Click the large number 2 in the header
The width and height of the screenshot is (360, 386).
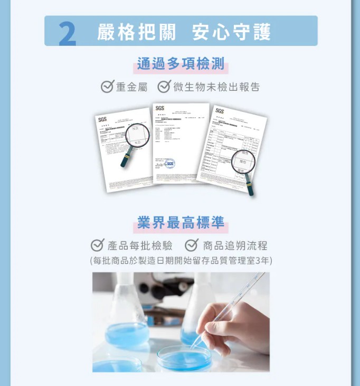point(67,33)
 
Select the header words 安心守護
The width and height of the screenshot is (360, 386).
point(231,32)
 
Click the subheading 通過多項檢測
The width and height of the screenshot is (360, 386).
point(180,64)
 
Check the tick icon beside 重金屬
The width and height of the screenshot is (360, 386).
point(107,87)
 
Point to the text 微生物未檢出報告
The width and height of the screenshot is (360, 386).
point(216,87)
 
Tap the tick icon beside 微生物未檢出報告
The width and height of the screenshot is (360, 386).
point(164,87)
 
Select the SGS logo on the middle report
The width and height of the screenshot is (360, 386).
point(160,108)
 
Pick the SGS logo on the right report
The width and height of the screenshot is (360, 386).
point(220,111)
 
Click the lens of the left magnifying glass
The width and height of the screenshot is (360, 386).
point(137,135)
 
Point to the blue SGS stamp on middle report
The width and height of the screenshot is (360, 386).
point(169,164)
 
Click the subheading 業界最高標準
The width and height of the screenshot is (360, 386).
point(180,222)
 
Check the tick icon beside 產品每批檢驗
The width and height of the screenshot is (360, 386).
point(97,246)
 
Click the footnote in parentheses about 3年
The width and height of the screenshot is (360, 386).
point(181,260)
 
